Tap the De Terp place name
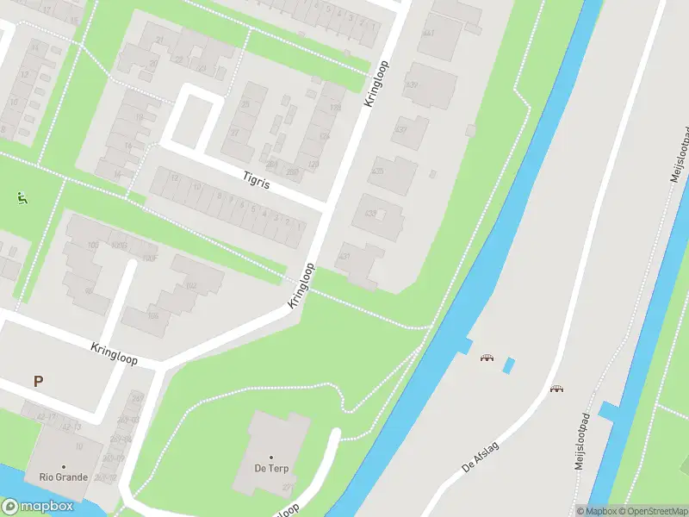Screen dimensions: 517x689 click(x=271, y=469)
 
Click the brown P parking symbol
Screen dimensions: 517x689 click(x=37, y=381)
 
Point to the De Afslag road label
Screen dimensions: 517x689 click(x=481, y=455)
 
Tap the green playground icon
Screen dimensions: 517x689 click(x=22, y=197)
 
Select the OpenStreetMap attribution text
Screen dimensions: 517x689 click(x=650, y=511)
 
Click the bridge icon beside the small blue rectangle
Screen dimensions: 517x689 click(x=487, y=357)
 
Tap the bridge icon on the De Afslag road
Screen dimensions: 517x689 click(x=557, y=388)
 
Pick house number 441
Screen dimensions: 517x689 click(x=428, y=33)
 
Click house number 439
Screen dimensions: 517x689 click(x=412, y=84)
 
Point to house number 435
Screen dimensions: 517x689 click(x=376, y=171)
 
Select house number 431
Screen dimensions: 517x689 click(x=345, y=256)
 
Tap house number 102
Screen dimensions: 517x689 click(x=190, y=285)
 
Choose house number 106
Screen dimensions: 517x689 click(x=153, y=315)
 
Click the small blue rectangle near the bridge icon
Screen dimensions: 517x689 click(x=508, y=364)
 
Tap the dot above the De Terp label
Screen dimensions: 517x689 click(x=271, y=458)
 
